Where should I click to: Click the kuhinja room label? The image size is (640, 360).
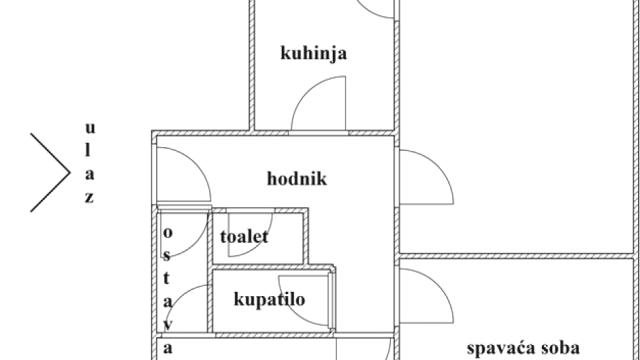[314, 54]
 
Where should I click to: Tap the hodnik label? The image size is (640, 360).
[297, 180]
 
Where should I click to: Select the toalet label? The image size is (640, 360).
[244, 237]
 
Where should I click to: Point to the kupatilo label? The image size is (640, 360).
[269, 299]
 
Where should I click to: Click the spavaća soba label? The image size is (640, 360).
[523, 348]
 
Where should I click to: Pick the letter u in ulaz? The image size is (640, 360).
[90, 128]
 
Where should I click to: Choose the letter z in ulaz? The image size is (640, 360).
[89, 197]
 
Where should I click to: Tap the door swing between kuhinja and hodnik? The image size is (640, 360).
[319, 105]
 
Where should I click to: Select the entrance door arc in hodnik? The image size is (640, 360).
[182, 171]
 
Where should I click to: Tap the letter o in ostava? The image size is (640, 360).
[167, 232]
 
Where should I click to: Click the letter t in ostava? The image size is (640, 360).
[167, 278]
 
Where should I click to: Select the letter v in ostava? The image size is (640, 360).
[167, 324]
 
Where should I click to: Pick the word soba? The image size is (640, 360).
[559, 348]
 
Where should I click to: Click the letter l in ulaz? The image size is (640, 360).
[90, 151]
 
